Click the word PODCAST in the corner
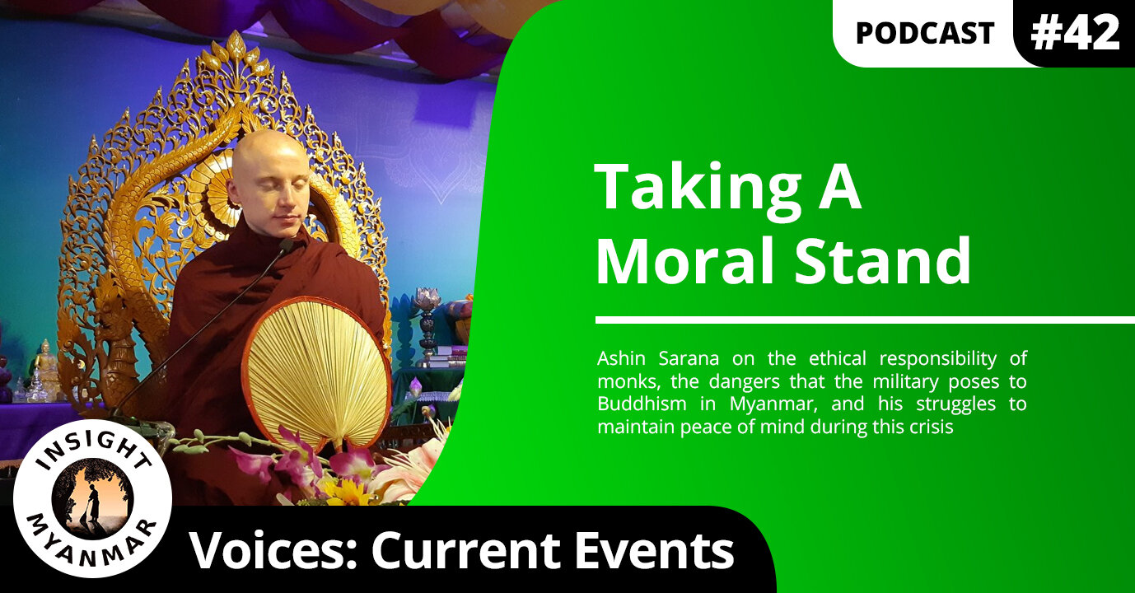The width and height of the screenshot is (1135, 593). pos(925,34)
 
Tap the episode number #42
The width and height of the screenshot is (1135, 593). pos(1075,32)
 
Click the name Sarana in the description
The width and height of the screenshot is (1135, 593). pos(689,359)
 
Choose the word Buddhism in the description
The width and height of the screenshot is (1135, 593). pos(642,404)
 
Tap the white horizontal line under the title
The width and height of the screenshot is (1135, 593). pos(865,320)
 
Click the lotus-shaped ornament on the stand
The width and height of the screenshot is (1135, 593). pos(427,300)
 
